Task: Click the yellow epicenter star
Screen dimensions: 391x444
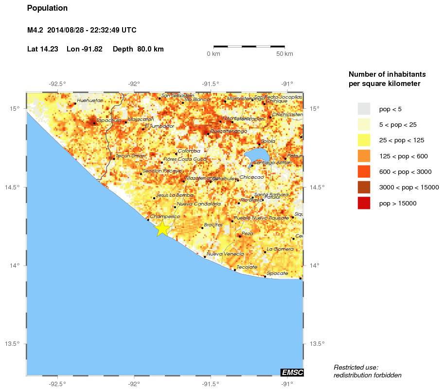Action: tap(162, 229)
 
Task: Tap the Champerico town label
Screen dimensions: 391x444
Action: tap(165, 216)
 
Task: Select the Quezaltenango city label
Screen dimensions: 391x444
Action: tap(229, 131)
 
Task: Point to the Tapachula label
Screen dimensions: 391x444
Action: tap(108, 120)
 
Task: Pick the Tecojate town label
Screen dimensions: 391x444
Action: tap(247, 267)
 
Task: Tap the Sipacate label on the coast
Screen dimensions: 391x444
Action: tap(277, 273)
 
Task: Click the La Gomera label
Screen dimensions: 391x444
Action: tap(280, 249)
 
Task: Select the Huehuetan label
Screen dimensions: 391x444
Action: tap(90, 100)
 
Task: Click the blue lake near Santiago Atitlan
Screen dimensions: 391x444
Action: tap(258, 155)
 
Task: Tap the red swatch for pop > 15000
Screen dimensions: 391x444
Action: tap(364, 204)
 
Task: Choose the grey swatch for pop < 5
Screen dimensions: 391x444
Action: tap(364, 108)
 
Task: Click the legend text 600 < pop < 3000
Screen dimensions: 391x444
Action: tap(405, 172)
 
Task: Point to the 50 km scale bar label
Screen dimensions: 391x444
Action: tap(284, 53)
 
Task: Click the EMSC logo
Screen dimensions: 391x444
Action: tap(292, 373)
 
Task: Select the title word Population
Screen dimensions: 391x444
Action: tap(48, 8)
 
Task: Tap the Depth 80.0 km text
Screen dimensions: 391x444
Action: tap(138, 49)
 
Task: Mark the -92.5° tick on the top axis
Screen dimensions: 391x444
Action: tap(57, 83)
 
